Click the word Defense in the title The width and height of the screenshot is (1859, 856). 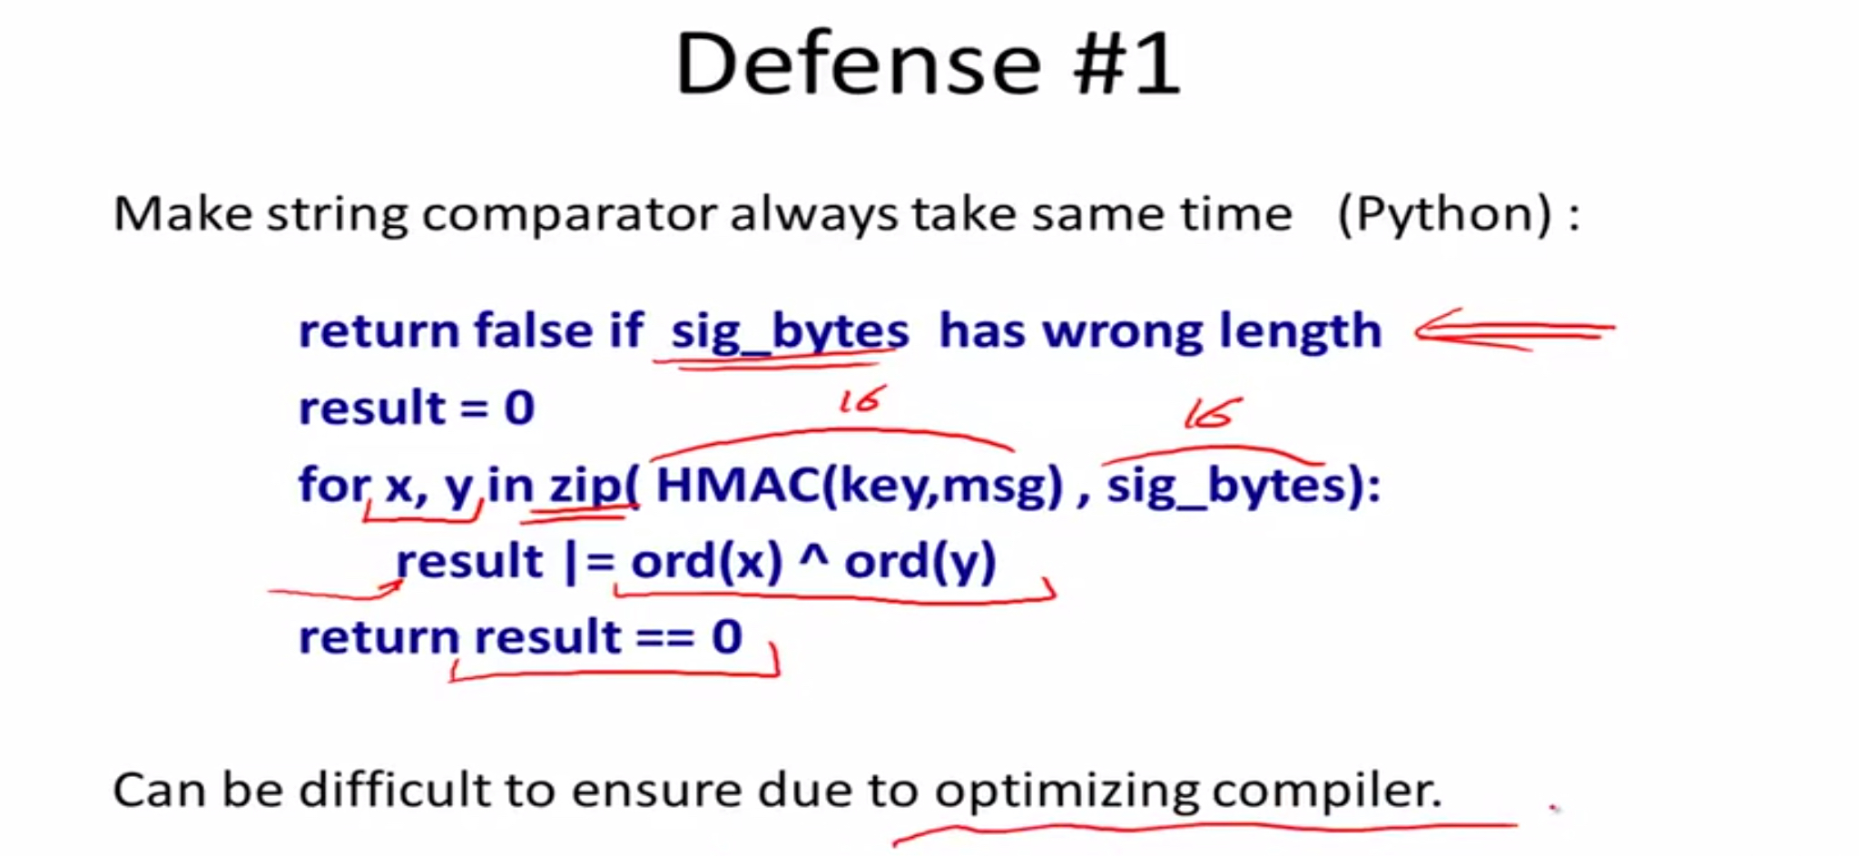pyautogui.click(x=858, y=64)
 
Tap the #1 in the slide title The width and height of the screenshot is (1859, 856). pyautogui.click(x=1126, y=64)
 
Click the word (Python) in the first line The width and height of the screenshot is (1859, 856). pyautogui.click(x=1444, y=215)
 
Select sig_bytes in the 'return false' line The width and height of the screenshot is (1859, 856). pyautogui.click(x=790, y=331)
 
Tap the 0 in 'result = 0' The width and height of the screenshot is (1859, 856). pyautogui.click(x=519, y=408)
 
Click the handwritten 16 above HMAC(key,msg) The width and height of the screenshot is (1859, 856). pyautogui.click(x=861, y=399)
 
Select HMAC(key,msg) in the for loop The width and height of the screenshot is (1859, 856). pyautogui.click(x=859, y=486)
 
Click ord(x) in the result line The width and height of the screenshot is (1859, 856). pyautogui.click(x=706, y=562)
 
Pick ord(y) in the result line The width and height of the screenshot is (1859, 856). pyautogui.click(x=920, y=562)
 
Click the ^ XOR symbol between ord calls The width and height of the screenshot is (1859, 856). pyautogui.click(x=813, y=554)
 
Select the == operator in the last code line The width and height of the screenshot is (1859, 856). pyautogui.click(x=666, y=637)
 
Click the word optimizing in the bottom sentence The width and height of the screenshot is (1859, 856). pyautogui.click(x=1067, y=791)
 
